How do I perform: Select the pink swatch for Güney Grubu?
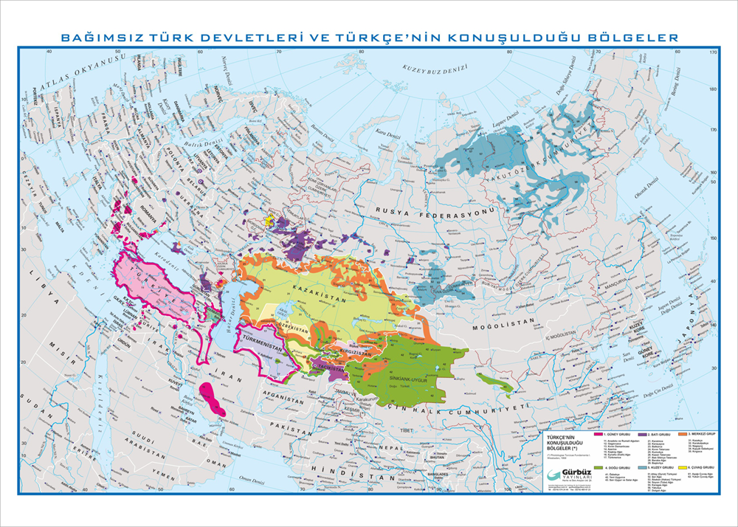[600, 435]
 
